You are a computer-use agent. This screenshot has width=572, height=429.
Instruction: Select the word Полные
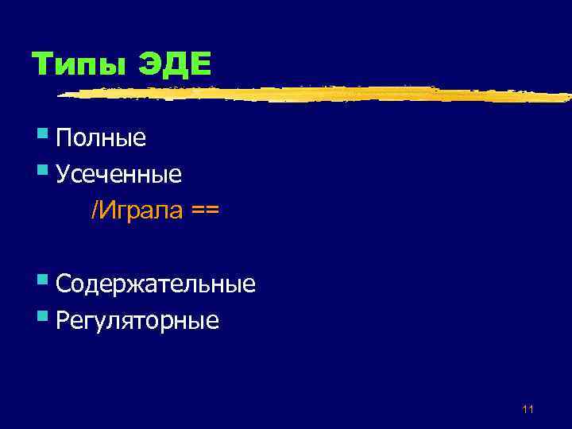coord(101,138)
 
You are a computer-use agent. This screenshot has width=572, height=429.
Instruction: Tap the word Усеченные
coord(119,174)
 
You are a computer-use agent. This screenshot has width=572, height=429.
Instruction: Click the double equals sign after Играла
coord(205,211)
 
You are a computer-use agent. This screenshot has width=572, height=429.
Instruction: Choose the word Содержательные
coord(156,284)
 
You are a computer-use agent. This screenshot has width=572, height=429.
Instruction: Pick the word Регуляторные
coord(137,321)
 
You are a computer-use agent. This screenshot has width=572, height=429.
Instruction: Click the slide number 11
coord(528,409)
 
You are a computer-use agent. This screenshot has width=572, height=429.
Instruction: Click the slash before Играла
coord(94,211)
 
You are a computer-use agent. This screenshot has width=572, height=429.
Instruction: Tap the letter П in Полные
coord(64,138)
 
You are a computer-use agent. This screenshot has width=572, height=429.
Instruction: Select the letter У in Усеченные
coord(63,174)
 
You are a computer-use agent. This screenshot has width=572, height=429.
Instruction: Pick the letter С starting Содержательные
coord(64,284)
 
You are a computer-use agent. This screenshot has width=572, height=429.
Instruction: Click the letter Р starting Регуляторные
coord(63,321)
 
